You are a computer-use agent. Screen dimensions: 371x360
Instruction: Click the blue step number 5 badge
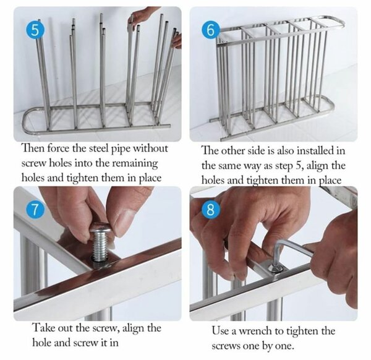(x=35, y=30)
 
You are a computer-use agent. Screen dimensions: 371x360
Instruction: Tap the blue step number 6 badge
(x=210, y=30)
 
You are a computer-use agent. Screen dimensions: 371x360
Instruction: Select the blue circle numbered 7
(x=35, y=210)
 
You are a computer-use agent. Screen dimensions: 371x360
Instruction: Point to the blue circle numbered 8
(x=210, y=210)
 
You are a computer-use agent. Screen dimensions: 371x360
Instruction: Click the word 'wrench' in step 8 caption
(x=255, y=330)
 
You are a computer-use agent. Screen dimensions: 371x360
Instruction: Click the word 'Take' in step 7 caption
(x=42, y=328)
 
